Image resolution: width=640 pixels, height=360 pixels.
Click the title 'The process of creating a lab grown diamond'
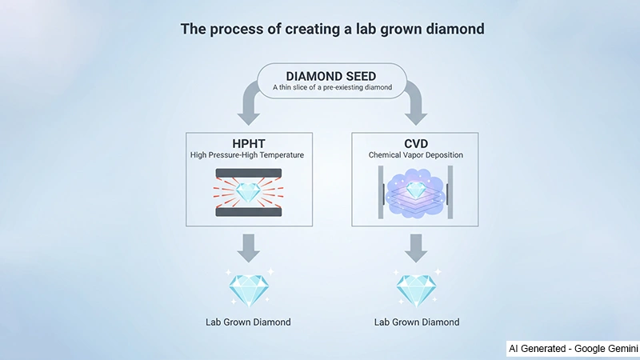coord(332,30)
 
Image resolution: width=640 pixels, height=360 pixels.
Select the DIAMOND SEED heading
coord(332,77)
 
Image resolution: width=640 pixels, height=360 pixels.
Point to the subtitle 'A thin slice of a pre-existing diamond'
coord(332,88)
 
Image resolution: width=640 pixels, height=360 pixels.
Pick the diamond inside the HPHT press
coord(248,192)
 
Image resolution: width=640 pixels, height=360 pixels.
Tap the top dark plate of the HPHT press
coord(248,172)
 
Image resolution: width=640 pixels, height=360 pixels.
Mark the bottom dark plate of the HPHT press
coord(248,213)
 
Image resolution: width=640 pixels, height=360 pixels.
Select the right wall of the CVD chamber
coord(450,192)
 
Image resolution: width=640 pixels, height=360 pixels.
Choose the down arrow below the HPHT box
coord(248,247)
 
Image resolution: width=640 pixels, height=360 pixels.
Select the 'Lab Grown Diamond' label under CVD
coord(417,322)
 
